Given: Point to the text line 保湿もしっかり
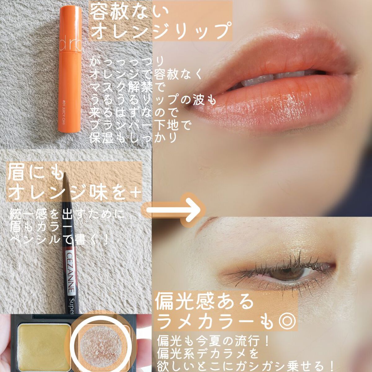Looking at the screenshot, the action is (133, 138).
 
